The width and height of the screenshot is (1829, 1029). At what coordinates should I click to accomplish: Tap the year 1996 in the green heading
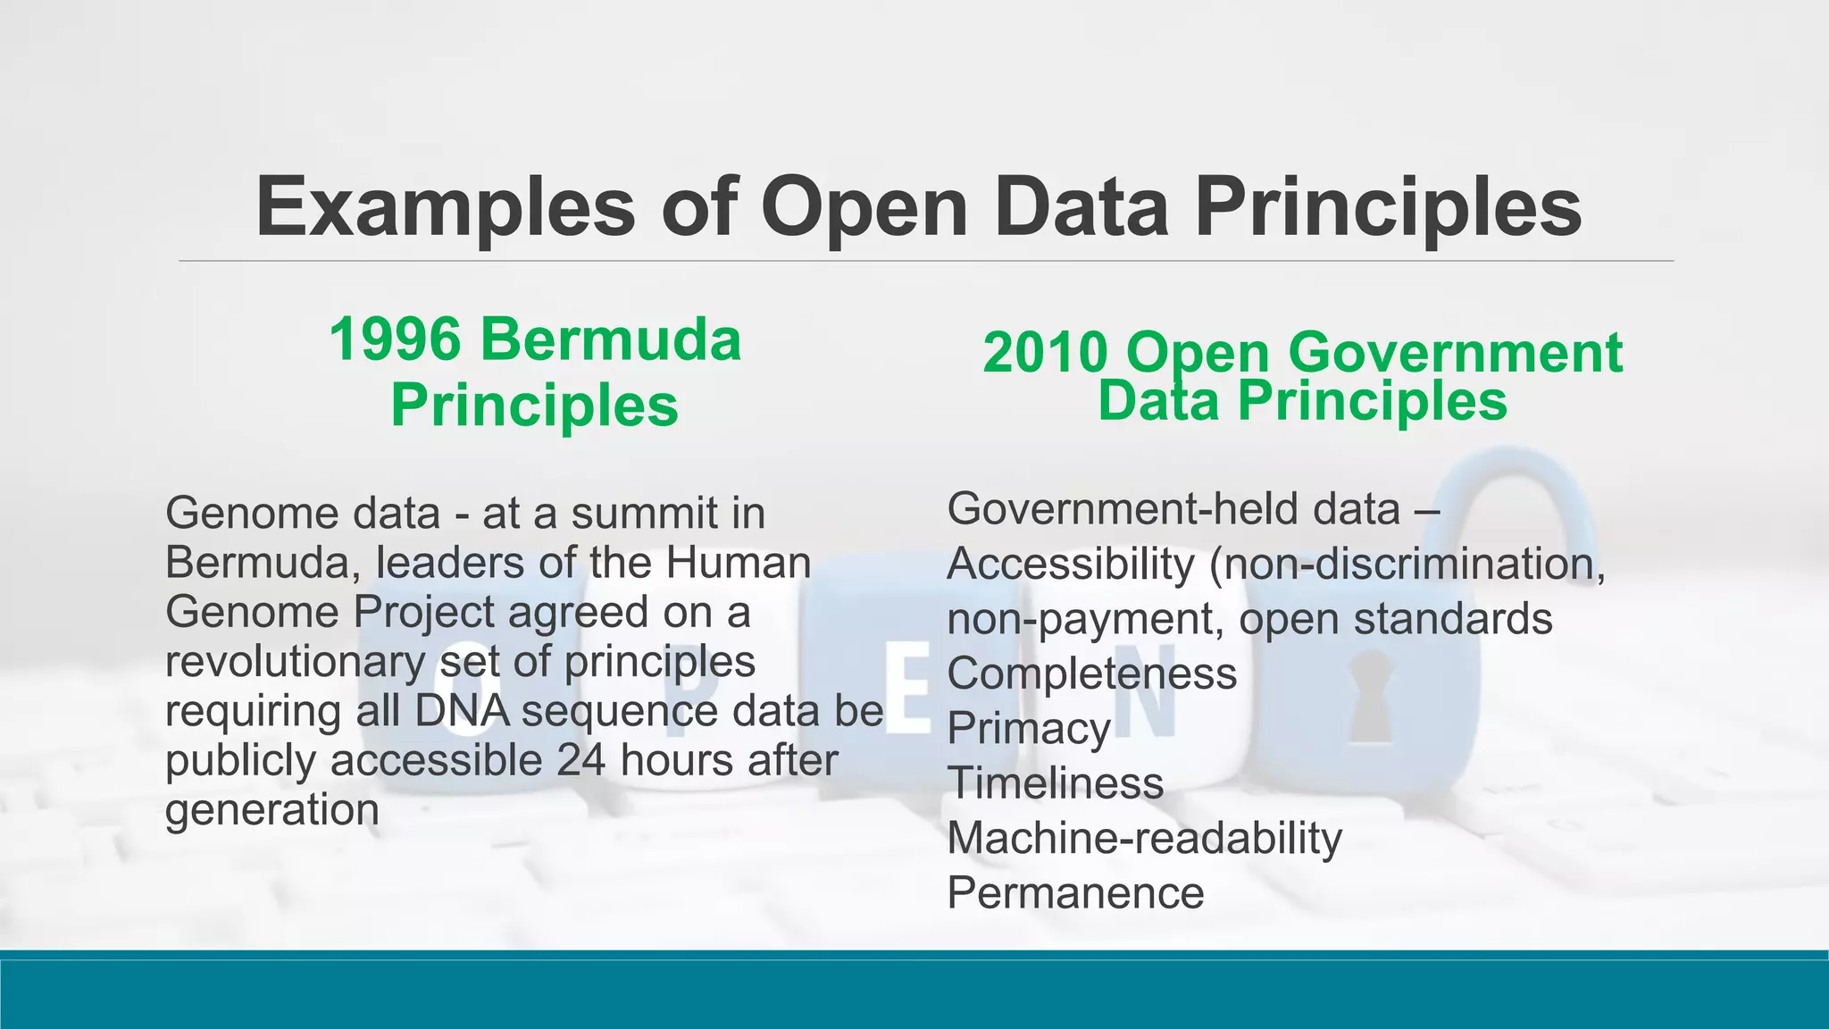tap(395, 340)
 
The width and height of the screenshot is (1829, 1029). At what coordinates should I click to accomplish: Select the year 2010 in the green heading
tap(1045, 353)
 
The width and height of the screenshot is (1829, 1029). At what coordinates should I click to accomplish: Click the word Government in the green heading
tap(1455, 353)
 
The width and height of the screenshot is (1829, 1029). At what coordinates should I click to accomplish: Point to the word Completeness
tap(1091, 673)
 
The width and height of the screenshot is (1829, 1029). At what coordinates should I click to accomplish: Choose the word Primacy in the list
tap(1028, 728)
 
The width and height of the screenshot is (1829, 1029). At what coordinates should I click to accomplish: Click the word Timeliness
tap(1055, 783)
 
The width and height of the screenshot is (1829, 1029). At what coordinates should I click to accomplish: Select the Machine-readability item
tap(1144, 839)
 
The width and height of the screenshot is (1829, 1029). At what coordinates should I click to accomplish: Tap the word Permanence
tap(1075, 893)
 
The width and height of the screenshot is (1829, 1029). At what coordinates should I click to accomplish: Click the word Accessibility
tap(1070, 565)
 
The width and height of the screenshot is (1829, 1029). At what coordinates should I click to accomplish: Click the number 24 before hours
tap(581, 761)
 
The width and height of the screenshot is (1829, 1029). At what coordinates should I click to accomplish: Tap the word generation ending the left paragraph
tap(272, 811)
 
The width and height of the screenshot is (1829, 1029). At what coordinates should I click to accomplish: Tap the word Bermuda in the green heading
tap(610, 340)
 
